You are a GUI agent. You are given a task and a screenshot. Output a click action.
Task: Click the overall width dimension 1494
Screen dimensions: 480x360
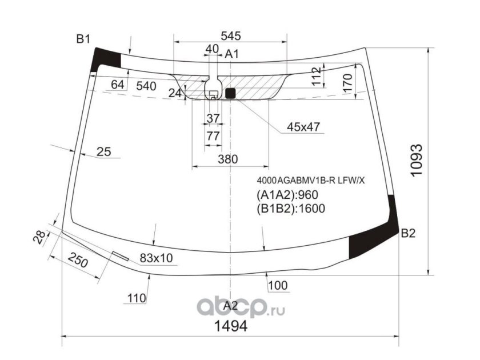(230, 326)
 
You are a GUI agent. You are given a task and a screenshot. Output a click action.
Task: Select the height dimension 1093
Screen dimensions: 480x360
(417, 160)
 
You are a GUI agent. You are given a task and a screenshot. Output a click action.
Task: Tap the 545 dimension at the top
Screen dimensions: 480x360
(231, 36)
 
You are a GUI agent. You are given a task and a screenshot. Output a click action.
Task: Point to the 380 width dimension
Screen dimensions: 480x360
(228, 159)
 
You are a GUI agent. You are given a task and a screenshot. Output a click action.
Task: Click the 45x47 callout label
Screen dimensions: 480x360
(303, 126)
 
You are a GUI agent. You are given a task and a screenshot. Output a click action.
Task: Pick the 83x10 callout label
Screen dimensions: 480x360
(156, 258)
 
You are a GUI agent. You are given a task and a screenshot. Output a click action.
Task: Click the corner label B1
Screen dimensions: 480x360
(83, 39)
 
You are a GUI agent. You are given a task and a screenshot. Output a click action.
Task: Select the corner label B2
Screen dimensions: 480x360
(408, 233)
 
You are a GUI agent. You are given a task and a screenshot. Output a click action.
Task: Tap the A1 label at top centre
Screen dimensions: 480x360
(232, 54)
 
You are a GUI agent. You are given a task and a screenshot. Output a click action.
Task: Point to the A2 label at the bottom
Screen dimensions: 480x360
(230, 306)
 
